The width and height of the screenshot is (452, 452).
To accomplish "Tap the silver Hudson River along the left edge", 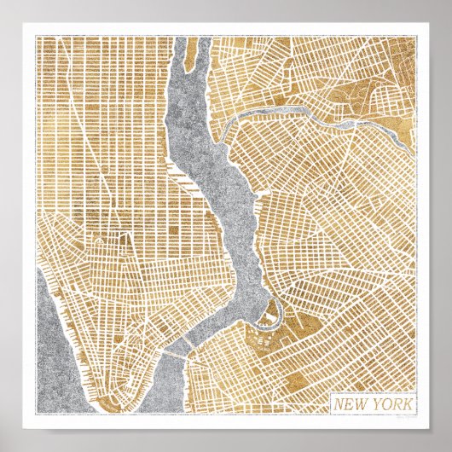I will (x=51, y=341).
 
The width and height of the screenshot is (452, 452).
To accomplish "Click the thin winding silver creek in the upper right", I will (x=281, y=113).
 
